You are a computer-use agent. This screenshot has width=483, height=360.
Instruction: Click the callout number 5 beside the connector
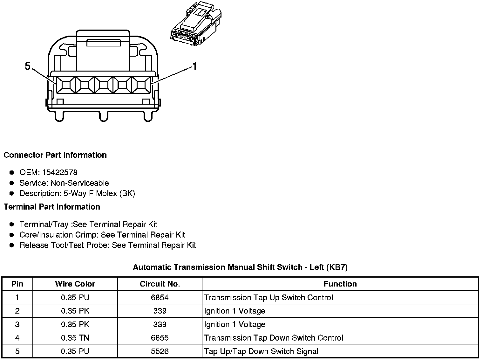click(28, 66)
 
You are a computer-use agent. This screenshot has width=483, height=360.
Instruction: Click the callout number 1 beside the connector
click(195, 66)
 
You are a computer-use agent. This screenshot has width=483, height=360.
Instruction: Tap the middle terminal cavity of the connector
click(104, 85)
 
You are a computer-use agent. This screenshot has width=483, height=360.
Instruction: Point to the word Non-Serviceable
click(79, 183)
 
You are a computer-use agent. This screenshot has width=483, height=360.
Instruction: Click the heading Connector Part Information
click(55, 155)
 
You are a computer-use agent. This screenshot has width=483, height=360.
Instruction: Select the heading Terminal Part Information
click(52, 207)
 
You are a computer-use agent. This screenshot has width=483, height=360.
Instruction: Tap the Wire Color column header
click(75, 284)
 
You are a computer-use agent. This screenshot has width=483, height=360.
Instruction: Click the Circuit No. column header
click(160, 284)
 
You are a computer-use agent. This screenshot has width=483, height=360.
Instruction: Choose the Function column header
click(340, 284)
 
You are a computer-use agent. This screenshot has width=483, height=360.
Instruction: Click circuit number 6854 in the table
click(160, 297)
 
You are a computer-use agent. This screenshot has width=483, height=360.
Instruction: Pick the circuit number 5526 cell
click(160, 351)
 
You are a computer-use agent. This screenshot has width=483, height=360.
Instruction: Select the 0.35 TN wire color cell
click(75, 338)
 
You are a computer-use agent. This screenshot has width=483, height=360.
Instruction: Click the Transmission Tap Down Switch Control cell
click(274, 338)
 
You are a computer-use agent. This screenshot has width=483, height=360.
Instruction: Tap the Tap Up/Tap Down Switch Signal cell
click(261, 351)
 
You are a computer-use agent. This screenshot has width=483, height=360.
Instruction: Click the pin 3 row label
click(17, 324)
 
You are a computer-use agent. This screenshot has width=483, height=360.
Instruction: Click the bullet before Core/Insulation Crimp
click(12, 235)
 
